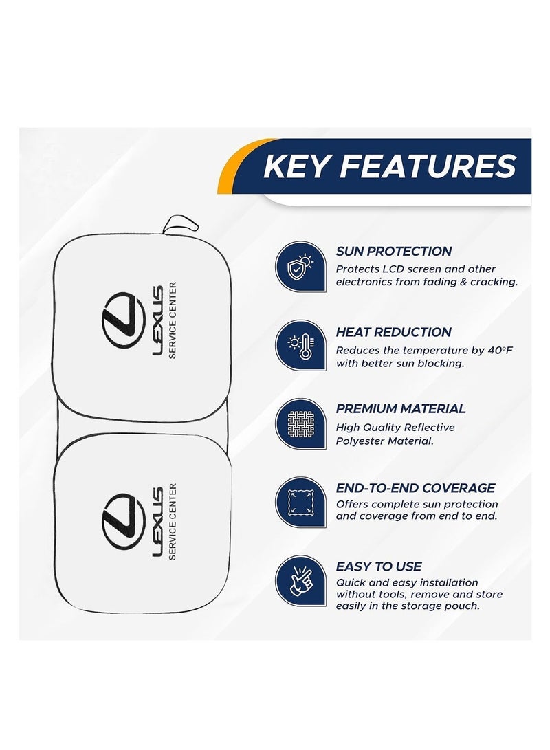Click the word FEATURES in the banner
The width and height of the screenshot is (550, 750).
pos(428,166)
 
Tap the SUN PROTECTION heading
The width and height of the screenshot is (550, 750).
pos(394,251)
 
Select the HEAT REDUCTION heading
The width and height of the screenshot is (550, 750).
pos(394,332)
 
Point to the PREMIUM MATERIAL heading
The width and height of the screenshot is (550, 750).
pos(401,408)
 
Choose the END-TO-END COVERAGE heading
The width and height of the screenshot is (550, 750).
pos(416,488)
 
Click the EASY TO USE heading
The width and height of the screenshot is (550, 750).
pos(378,566)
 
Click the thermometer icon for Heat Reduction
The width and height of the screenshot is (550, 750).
pos(300,345)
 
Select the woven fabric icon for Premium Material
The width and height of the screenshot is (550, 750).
pos(300,423)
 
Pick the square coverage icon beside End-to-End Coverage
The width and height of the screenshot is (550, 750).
pos(300,503)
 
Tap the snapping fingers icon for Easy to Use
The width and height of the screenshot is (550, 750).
pos(300,581)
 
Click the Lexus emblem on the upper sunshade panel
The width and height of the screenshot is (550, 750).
pos(124,320)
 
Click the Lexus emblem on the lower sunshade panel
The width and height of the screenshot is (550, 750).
pos(124,521)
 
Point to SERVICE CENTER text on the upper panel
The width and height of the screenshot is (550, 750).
pos(173,320)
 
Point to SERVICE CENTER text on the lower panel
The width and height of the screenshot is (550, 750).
pos(173,521)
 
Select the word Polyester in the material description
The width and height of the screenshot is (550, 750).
pos(360,441)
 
